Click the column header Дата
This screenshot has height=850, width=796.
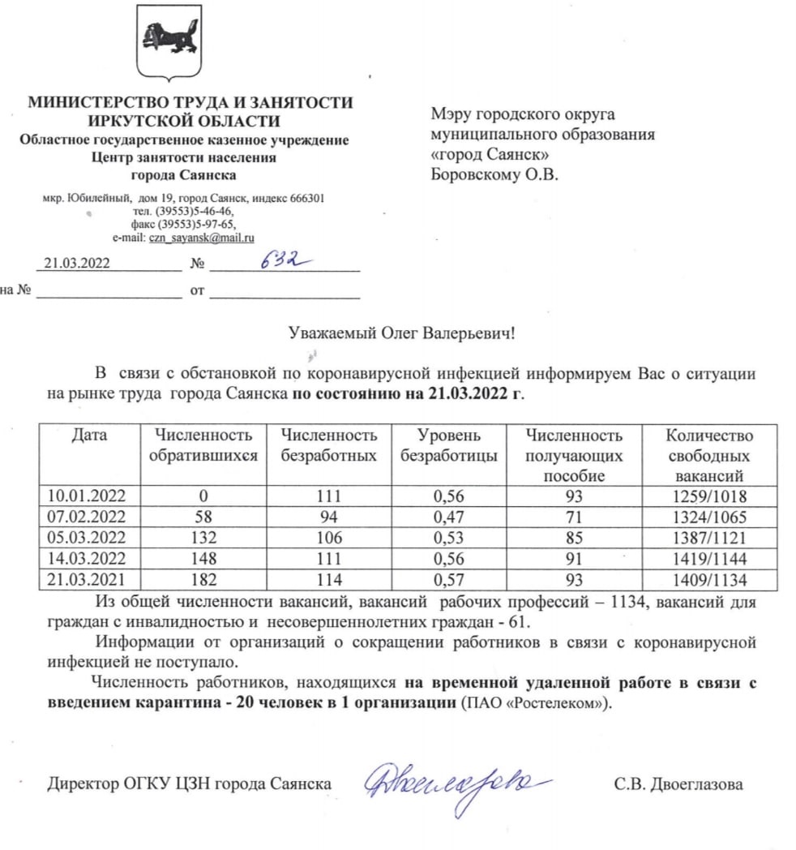89,436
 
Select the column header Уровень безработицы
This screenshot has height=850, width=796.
449,446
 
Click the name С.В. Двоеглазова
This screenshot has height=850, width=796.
678,784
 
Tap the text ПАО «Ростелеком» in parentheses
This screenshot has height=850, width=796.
533,702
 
